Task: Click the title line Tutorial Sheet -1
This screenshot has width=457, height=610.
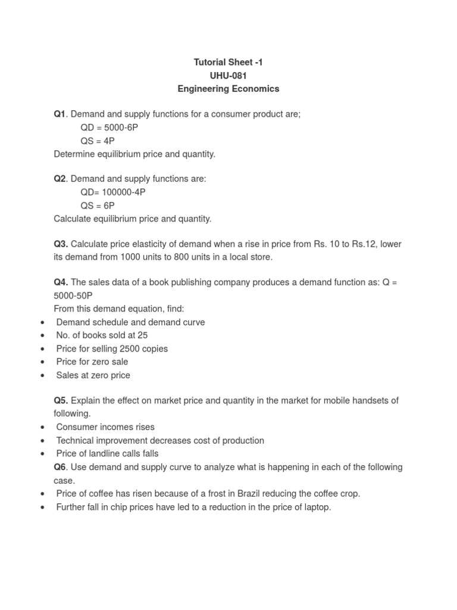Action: tap(228, 62)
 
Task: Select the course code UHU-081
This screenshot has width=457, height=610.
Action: tap(228, 76)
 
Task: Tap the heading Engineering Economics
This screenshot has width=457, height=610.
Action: tap(228, 89)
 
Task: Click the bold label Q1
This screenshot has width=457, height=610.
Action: tap(60, 114)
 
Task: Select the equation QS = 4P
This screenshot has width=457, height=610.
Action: tap(98, 141)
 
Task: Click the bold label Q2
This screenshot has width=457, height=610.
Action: tap(60, 179)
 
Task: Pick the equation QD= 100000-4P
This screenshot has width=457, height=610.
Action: tap(112, 192)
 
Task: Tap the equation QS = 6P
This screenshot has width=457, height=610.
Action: tap(98, 206)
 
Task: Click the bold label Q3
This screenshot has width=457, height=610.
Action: tap(61, 244)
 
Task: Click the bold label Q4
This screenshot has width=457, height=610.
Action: tap(61, 283)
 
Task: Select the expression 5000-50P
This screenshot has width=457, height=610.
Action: tap(73, 296)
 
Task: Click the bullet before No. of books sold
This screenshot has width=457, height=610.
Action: tap(42, 335)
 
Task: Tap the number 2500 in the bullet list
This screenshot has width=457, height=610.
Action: tap(129, 348)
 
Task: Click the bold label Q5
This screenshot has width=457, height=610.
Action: tap(61, 400)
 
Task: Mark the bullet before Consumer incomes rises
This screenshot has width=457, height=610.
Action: tap(42, 427)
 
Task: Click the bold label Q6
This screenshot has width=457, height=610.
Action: tap(60, 467)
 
